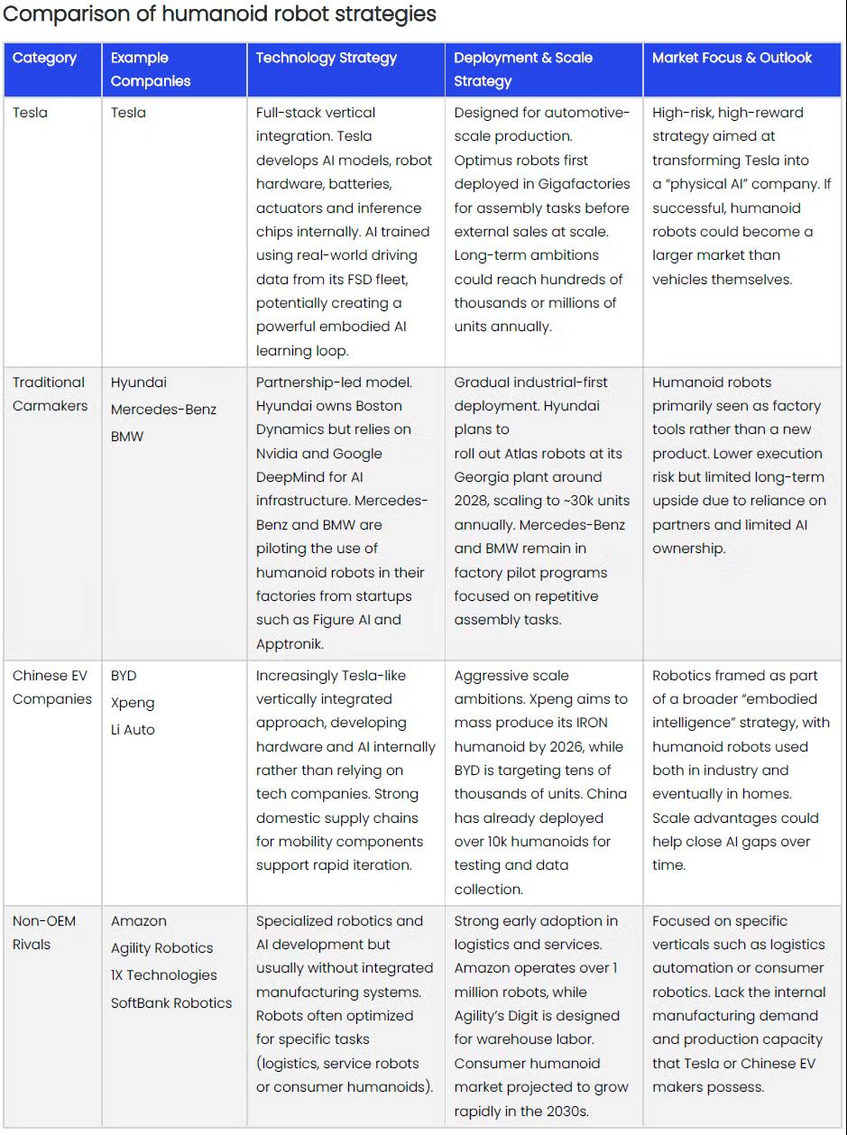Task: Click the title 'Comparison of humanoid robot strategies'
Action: coord(220,14)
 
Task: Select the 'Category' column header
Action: coord(44,58)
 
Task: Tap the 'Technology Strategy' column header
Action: coord(326,58)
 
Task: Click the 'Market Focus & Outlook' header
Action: coord(732,58)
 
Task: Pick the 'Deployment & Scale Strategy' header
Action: coord(523,69)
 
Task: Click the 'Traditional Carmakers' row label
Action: coord(50,394)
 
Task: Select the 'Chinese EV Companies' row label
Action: coord(51,687)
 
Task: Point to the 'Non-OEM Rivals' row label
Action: coord(44,933)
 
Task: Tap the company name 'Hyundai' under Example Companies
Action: coord(138,383)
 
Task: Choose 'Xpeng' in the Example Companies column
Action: coord(133,703)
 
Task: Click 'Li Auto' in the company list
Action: coord(133,730)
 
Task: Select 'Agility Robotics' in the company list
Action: coord(161,948)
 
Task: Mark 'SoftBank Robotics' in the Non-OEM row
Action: coord(171,1002)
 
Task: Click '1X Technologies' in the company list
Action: coord(163,975)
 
